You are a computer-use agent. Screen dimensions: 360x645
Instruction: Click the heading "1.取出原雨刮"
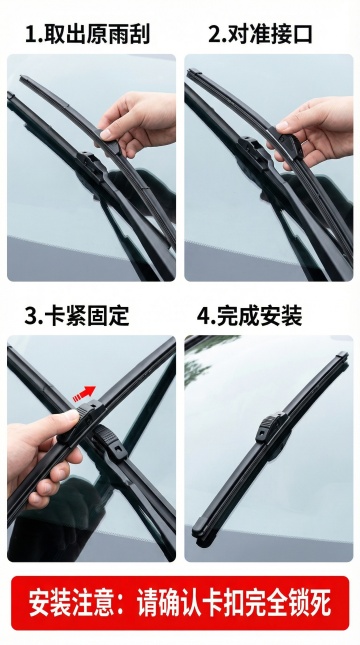(87, 34)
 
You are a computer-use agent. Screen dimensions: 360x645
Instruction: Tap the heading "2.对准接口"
(260, 34)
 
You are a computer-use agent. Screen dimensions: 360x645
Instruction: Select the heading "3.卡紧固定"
(77, 316)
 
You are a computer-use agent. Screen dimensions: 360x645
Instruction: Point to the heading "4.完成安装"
(249, 316)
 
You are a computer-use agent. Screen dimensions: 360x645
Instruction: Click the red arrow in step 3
(84, 393)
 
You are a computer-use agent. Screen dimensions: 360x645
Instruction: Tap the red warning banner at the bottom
(180, 603)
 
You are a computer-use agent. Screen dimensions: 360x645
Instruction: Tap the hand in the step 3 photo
(41, 453)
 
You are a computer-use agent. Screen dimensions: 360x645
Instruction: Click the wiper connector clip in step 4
(271, 427)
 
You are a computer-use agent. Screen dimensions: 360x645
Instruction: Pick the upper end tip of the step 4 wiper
(343, 354)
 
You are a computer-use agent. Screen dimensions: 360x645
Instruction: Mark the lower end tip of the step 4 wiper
(198, 535)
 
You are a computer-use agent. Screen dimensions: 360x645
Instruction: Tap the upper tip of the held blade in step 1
(22, 78)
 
